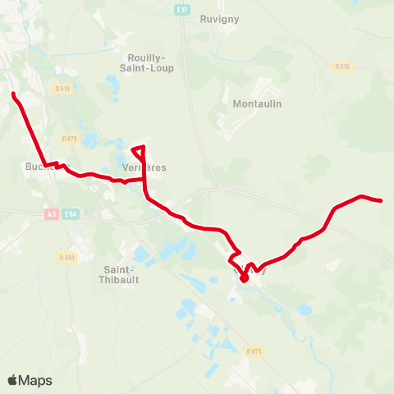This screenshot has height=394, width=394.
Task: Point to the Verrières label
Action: pyautogui.click(x=144, y=167)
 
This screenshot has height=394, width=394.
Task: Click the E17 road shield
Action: pyautogui.click(x=181, y=10)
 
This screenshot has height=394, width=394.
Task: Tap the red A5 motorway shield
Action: pyautogui.click(x=52, y=213)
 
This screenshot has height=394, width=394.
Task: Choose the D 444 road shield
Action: pyautogui.click(x=66, y=258)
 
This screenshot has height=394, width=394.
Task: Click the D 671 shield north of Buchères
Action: pyautogui.click(x=69, y=139)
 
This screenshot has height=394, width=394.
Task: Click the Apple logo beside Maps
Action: pyautogui.click(x=13, y=380)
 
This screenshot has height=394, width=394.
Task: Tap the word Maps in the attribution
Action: pyautogui.click(x=35, y=380)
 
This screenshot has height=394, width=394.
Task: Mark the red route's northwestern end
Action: pyautogui.click(x=14, y=94)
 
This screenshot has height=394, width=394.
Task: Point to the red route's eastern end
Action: pyautogui.click(x=382, y=200)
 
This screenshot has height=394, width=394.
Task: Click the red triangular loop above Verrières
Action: pyautogui.click(x=140, y=151)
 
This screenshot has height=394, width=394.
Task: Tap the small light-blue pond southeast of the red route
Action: pyautogui.click(x=305, y=309)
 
